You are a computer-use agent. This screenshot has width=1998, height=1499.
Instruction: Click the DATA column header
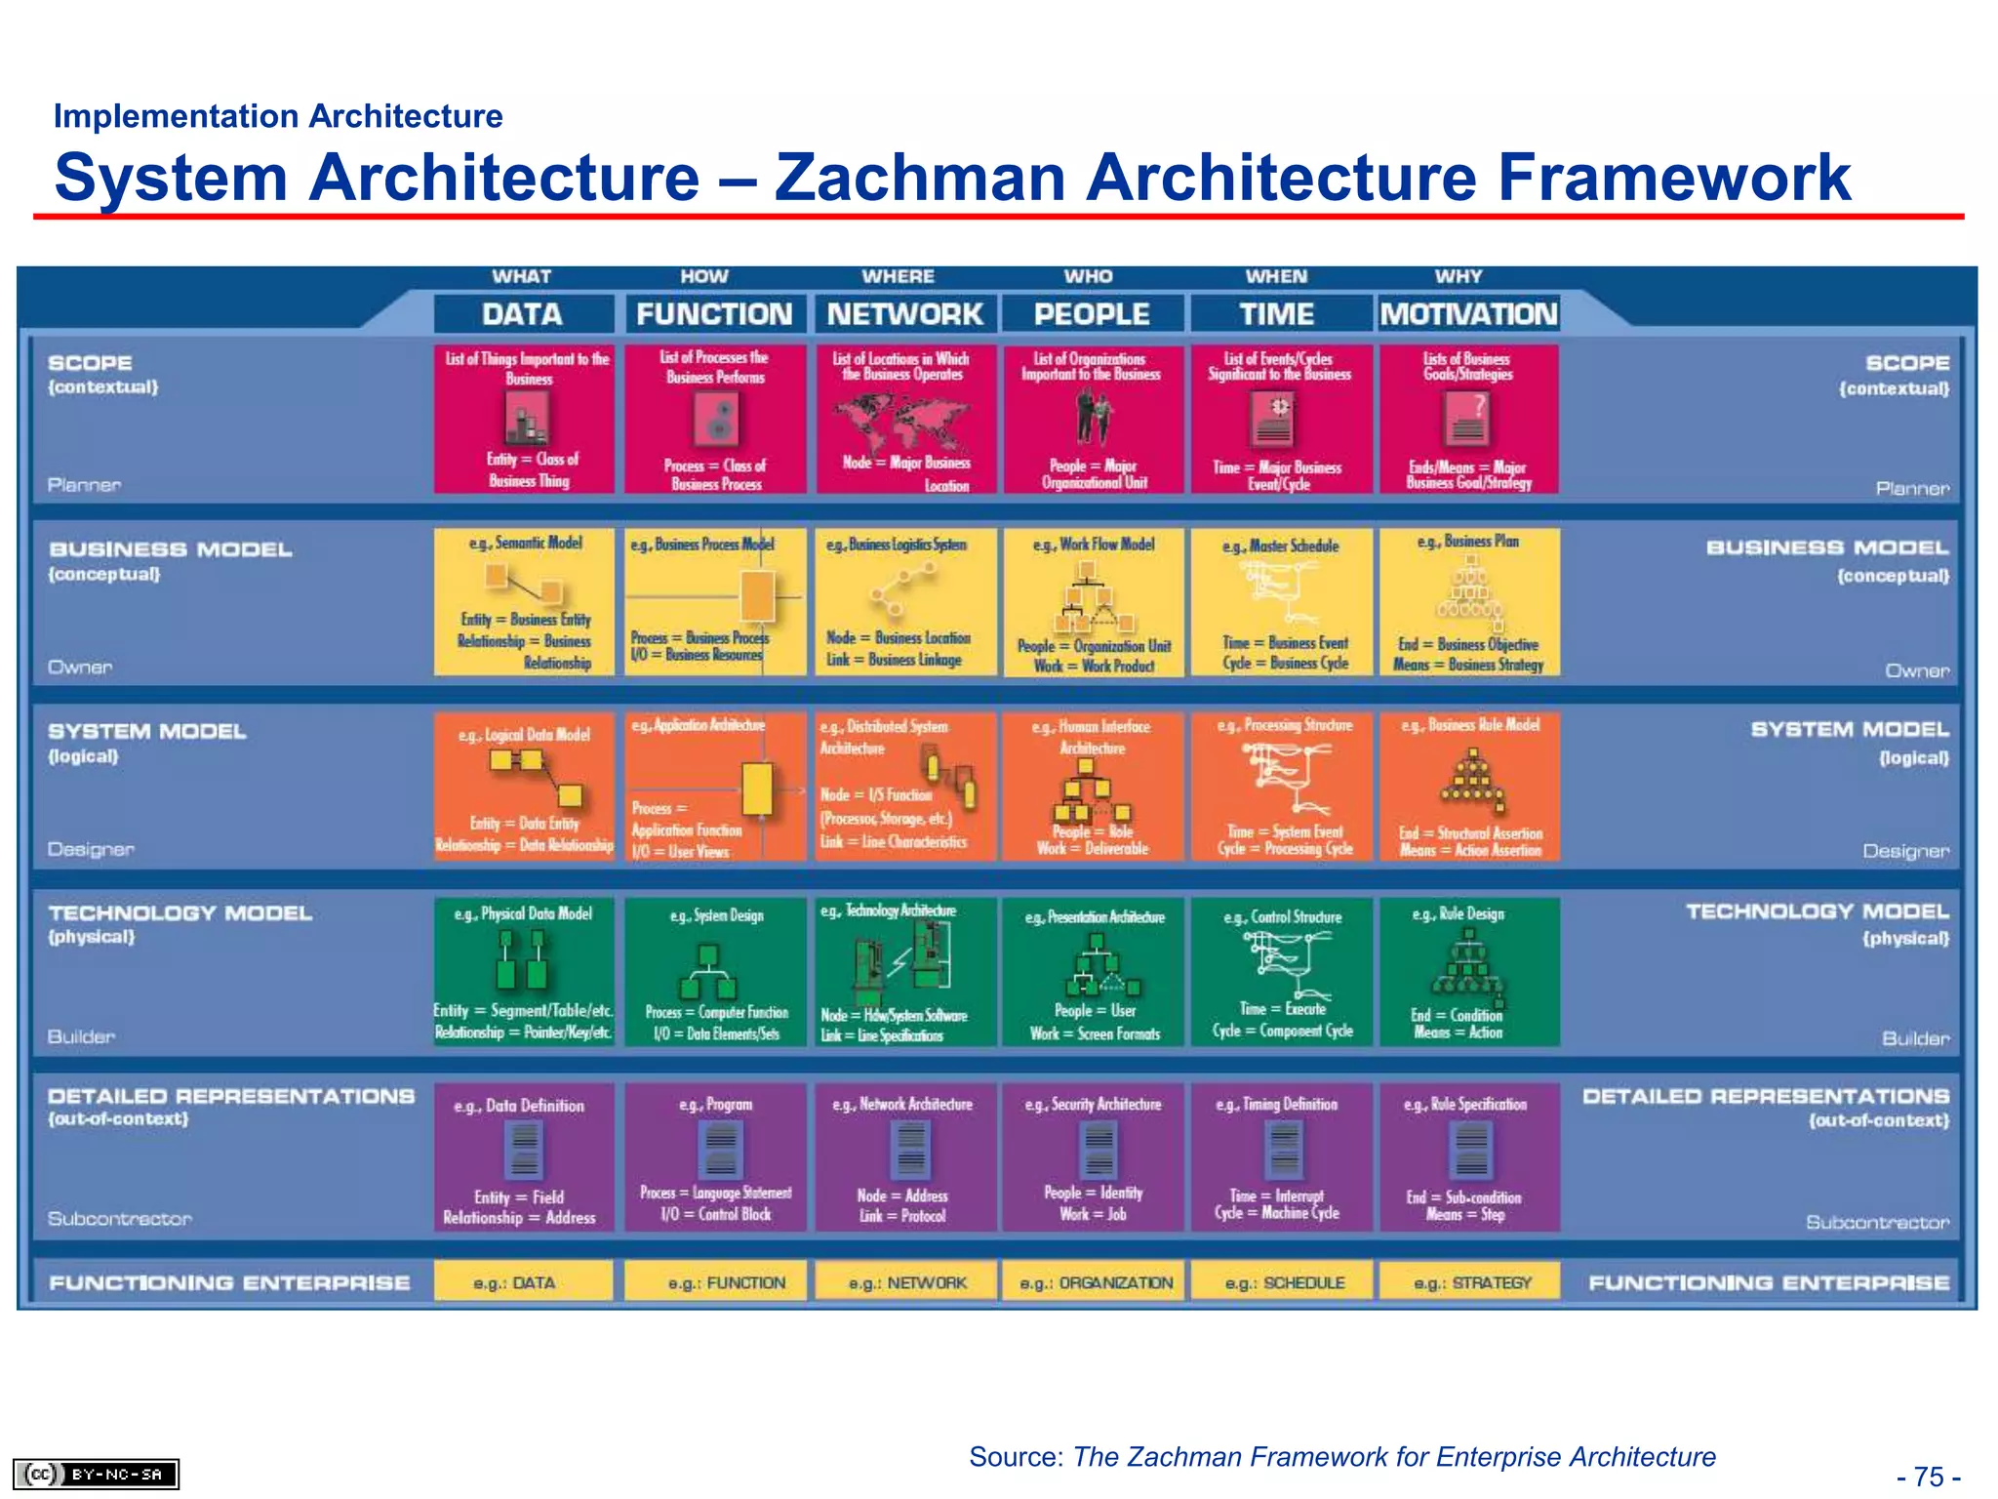(x=523, y=314)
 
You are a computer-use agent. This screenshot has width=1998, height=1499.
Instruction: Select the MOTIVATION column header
(x=1468, y=314)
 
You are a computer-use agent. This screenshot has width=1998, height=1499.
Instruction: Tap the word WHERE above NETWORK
(x=898, y=277)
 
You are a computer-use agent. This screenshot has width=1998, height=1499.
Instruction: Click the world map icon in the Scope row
(x=900, y=420)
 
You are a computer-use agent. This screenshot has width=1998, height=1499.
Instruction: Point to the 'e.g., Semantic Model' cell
(x=524, y=601)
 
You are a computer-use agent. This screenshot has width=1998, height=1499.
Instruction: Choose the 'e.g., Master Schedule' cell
(x=1281, y=601)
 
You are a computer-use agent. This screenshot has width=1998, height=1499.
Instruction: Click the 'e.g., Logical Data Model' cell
(x=524, y=787)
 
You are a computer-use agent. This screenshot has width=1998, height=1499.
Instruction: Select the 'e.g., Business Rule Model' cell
(x=1469, y=787)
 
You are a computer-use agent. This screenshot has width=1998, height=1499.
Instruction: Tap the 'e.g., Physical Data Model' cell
(x=524, y=972)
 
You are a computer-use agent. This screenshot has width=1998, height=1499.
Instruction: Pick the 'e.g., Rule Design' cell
(x=1469, y=972)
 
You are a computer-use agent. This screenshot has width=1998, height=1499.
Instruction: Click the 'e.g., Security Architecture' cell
(x=1093, y=1156)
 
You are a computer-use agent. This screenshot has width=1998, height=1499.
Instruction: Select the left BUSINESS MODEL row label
(x=171, y=549)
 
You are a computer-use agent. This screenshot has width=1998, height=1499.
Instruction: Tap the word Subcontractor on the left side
(x=120, y=1219)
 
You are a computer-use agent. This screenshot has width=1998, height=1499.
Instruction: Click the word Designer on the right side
(x=1905, y=851)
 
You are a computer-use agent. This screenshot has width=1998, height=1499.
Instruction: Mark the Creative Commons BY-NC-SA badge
(x=96, y=1474)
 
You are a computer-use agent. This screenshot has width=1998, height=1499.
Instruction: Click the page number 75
(x=1929, y=1477)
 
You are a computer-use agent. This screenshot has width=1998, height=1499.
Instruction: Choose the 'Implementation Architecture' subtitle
(x=278, y=116)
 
